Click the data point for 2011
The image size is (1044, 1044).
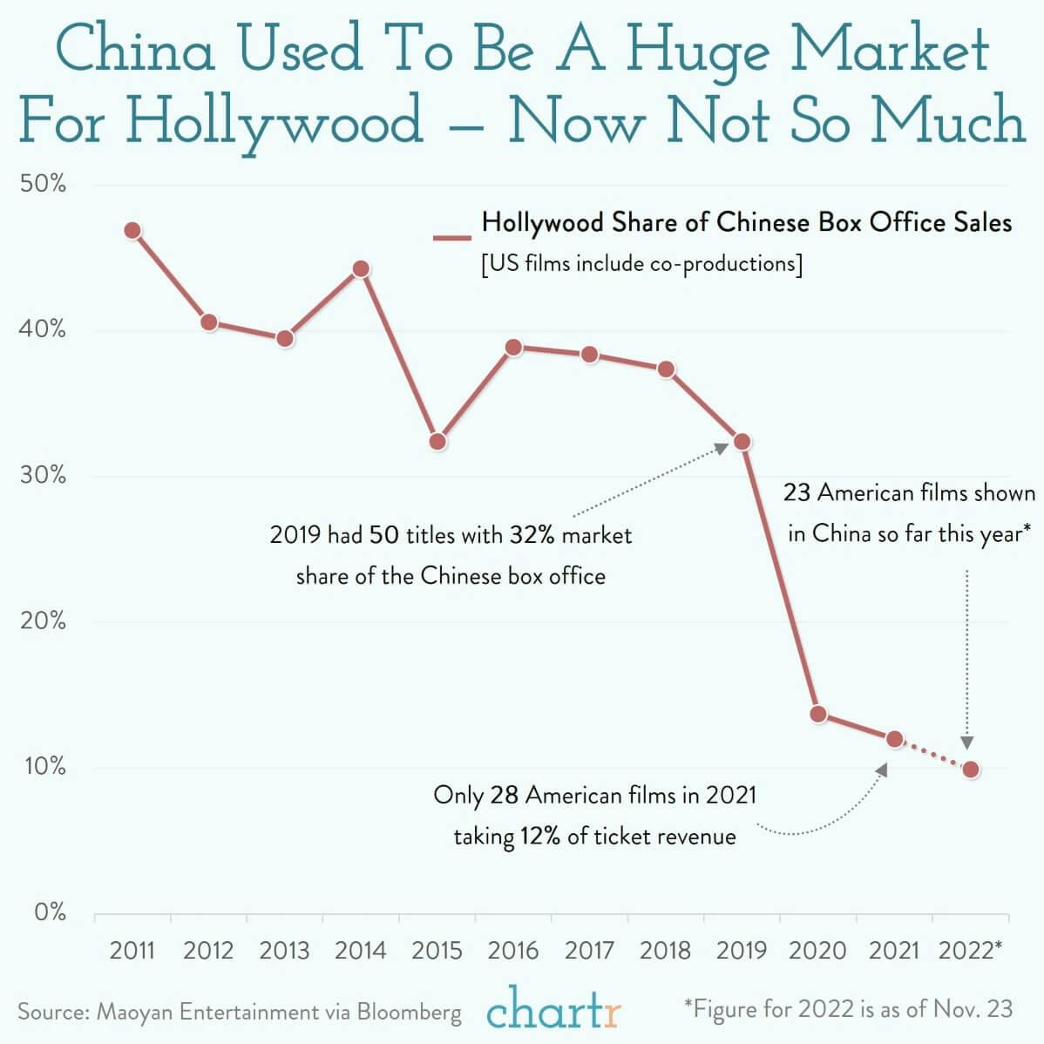point(132,231)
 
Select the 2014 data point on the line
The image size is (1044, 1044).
point(361,268)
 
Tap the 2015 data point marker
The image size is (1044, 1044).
point(437,442)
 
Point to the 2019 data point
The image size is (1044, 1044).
point(742,442)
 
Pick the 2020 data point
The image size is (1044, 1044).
point(818,715)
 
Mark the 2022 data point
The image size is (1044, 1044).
point(971,769)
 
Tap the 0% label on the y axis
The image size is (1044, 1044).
point(50,912)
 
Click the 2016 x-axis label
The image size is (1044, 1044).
point(513,950)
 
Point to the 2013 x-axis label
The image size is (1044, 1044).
point(285,950)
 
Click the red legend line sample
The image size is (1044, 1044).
point(451,236)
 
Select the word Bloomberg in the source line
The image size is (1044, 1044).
point(410,1012)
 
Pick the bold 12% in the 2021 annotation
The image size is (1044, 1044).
point(541,837)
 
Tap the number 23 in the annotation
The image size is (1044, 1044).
point(797,493)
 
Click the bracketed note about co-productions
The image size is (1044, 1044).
point(641,264)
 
